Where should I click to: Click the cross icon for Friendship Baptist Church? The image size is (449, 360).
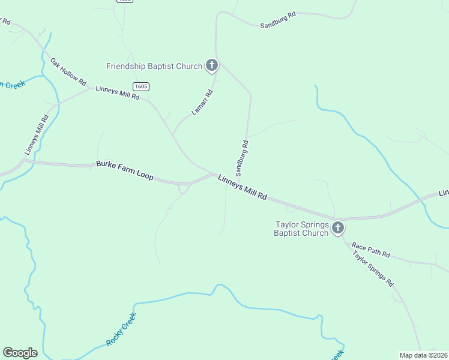[x=211, y=65]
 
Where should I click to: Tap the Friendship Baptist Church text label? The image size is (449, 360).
[x=154, y=66]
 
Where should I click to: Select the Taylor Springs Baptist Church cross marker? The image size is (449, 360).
[x=338, y=227]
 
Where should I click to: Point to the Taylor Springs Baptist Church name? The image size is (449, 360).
[x=301, y=229]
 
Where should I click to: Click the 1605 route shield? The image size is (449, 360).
[x=141, y=87]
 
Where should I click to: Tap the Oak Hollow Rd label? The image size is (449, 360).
[x=68, y=71]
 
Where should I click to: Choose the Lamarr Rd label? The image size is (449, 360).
[x=202, y=102]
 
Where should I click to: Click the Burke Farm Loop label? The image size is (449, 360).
[x=125, y=170]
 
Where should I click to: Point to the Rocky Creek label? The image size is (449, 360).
[x=121, y=329]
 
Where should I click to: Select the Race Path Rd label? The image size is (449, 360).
[x=371, y=250]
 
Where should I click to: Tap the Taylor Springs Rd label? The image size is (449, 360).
[x=373, y=268]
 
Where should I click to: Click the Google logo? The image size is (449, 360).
[x=20, y=353]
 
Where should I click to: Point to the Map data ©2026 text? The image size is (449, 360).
[x=423, y=355]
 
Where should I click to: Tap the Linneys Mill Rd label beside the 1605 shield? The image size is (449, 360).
[x=117, y=93]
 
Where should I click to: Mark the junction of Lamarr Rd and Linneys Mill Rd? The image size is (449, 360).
[x=172, y=134]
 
